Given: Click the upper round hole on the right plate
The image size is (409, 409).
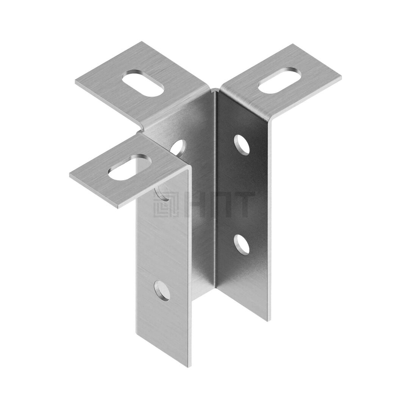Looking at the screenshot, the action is coord(242,144).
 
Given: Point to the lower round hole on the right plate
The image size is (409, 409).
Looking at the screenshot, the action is coord(242,244).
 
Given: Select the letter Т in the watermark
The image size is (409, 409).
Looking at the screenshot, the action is coord(241,205).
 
